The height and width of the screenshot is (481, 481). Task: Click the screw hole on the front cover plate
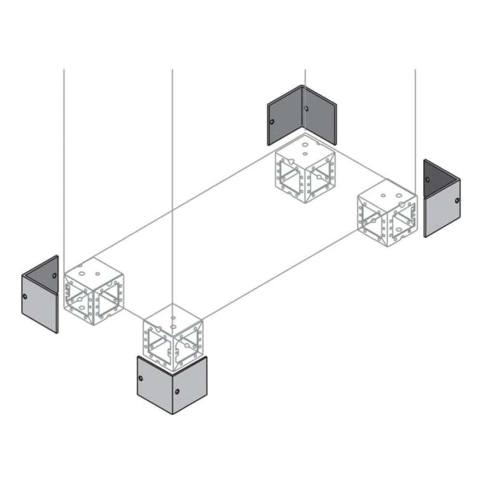177,392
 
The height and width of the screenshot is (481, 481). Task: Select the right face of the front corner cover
190,385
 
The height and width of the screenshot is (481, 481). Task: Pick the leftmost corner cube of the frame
94,291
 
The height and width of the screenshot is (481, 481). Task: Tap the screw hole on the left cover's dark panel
54,276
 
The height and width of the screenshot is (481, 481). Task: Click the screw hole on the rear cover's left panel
272,122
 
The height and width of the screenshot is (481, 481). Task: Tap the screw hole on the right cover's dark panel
427,180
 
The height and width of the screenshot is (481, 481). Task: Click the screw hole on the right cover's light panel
456,200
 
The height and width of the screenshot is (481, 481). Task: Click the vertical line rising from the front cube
173,192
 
